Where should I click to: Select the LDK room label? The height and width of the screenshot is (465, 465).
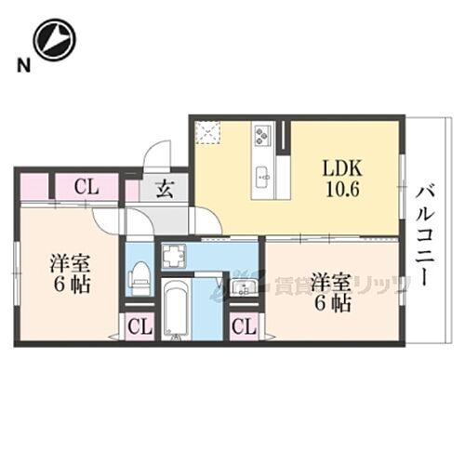click(339, 168)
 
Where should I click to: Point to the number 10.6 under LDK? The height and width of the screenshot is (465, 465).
click(339, 188)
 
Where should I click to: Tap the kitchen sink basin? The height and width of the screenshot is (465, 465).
click(262, 174)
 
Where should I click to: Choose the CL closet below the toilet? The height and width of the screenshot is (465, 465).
click(138, 326)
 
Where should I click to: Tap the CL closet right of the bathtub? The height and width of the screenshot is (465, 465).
click(244, 326)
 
